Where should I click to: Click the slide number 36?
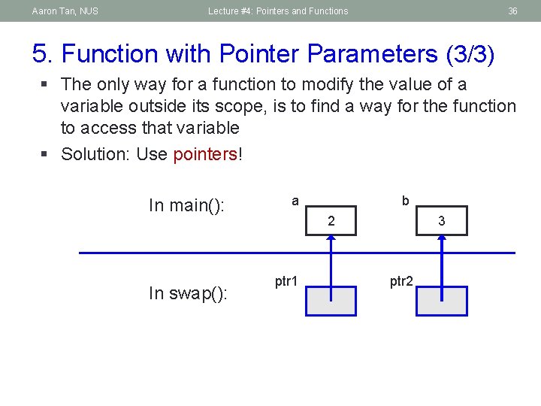click(512, 11)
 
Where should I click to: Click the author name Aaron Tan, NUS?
click(65, 11)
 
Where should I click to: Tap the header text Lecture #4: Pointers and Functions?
click(278, 11)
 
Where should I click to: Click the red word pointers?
click(204, 154)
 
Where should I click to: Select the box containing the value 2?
click(331, 221)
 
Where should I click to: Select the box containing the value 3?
click(443, 221)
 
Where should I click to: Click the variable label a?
click(295, 201)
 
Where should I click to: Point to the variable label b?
click(405, 201)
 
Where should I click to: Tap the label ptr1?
click(286, 282)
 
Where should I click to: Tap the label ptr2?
click(400, 282)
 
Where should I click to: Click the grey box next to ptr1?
click(331, 301)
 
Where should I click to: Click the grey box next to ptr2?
click(442, 301)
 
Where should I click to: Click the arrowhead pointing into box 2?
click(331, 239)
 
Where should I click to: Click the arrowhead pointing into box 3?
click(443, 239)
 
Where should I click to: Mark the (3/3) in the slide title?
click(470, 54)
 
